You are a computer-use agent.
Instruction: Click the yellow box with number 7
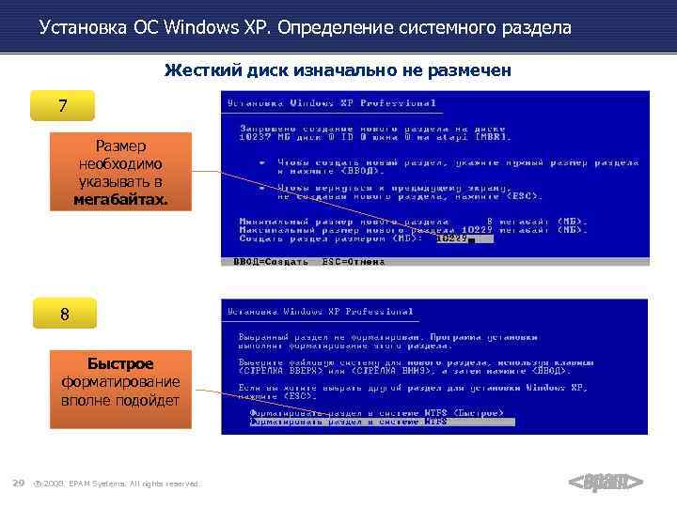63,106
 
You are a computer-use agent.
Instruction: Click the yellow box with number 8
64,315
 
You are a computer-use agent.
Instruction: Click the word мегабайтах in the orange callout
120,200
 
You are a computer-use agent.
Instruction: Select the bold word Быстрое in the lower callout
120,364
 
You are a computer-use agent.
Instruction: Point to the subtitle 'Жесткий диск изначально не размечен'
338,70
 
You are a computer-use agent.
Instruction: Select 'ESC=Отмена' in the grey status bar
354,262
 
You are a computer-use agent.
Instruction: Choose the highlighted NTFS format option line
348,422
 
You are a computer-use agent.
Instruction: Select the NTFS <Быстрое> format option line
376,412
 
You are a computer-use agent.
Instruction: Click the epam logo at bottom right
606,483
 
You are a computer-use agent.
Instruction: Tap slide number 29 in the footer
18,483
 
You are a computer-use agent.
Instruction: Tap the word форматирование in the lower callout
120,381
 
